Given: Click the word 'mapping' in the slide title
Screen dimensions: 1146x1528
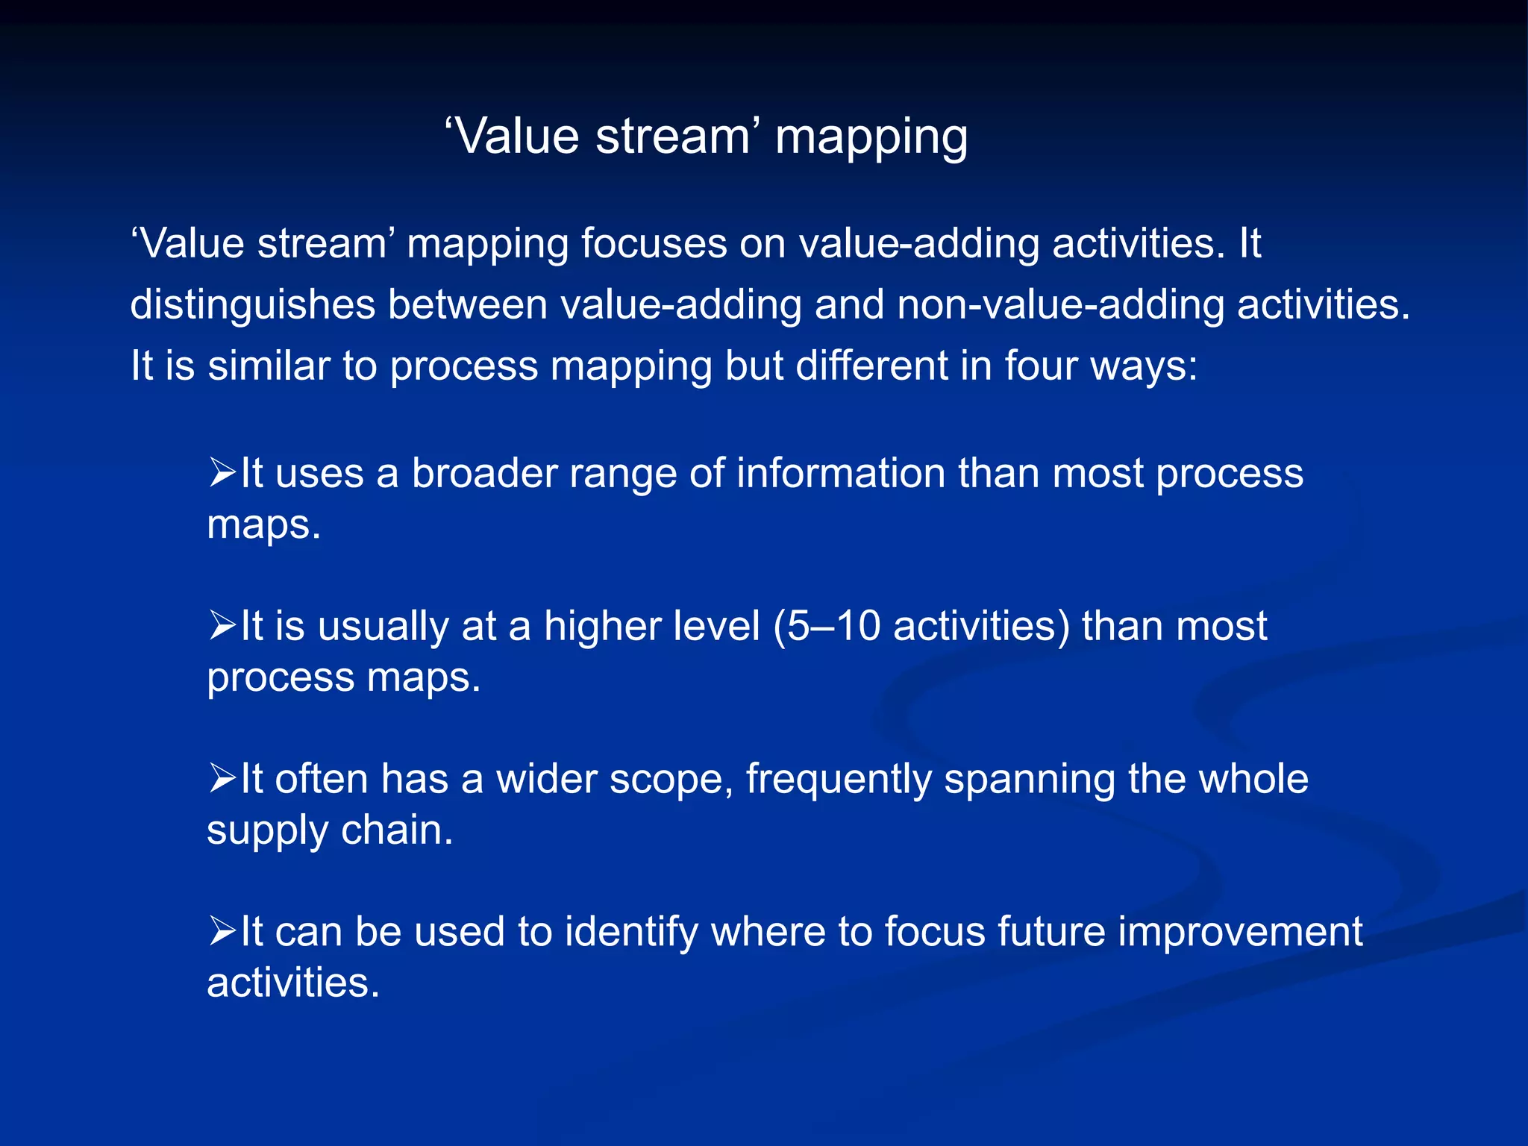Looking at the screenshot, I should click(871, 138).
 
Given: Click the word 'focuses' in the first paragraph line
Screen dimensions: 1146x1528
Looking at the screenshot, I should click(654, 244).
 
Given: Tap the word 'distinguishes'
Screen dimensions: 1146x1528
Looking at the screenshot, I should click(252, 305).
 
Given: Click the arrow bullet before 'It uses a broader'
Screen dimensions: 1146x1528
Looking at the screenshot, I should click(222, 473).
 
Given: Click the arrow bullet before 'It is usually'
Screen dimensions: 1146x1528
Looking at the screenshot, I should click(222, 625).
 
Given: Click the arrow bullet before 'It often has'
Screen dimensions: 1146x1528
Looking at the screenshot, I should click(222, 778).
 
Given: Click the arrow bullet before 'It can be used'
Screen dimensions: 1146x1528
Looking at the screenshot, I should click(222, 931).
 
